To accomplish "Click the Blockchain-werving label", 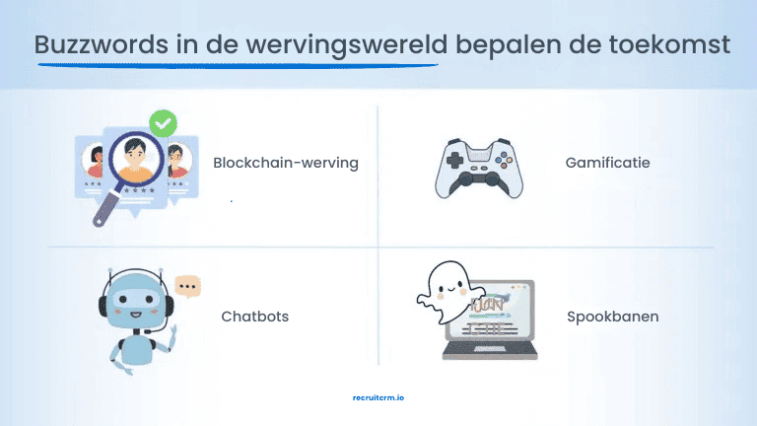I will (285, 163).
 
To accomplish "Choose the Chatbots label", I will (254, 317).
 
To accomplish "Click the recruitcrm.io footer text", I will (378, 397).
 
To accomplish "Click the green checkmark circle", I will (163, 124).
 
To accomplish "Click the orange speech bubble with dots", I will (187, 287).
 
